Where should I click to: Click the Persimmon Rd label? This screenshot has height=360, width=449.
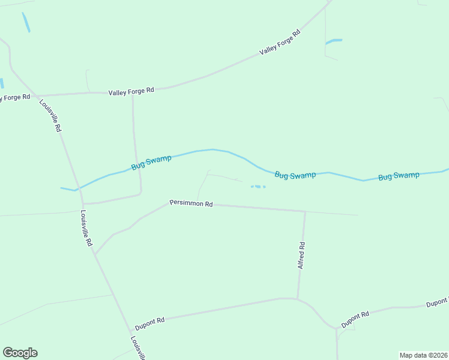point(191,203)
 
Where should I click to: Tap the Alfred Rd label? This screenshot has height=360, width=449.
point(302,255)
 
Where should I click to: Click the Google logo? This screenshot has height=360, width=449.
point(20,353)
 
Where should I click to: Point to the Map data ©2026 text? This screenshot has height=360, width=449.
point(423,355)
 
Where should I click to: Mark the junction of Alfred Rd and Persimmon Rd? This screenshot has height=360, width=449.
point(305,211)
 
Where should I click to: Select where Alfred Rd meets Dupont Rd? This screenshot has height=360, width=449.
point(298,298)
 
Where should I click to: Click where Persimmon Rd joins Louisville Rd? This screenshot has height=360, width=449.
point(95,254)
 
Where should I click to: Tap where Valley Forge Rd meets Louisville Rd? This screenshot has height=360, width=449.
point(37,95)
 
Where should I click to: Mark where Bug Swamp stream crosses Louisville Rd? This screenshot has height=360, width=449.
point(77,190)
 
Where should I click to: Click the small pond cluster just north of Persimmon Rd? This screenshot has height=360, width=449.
point(258,187)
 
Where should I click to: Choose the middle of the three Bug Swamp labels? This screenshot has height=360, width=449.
point(295,175)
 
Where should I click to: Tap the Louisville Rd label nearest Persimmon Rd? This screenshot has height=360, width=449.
point(87,229)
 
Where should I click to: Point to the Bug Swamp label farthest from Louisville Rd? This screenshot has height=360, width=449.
point(399,176)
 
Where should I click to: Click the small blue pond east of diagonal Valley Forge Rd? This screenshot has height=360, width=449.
point(334,41)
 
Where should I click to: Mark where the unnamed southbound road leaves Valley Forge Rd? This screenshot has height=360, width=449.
point(132,93)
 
